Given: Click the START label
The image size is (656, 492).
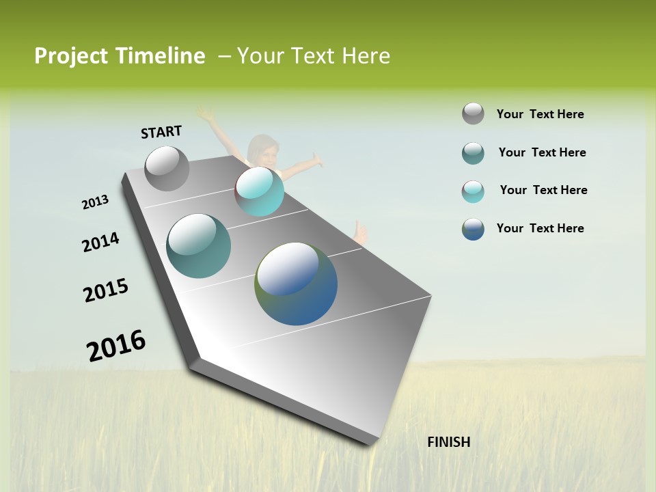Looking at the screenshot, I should click(161, 132).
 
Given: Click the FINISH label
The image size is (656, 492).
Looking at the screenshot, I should click(448, 442).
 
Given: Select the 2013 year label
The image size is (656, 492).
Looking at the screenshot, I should click(95, 202).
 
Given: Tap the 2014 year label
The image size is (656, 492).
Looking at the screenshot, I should click(100, 242).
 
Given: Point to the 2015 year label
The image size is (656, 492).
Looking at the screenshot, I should click(106, 290).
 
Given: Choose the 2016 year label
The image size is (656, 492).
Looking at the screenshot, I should click(116, 345).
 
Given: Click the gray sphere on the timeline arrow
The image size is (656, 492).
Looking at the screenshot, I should click(167, 169).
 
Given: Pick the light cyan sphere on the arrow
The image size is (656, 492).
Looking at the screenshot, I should click(260, 191).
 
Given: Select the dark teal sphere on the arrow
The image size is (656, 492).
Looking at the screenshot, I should click(199, 246).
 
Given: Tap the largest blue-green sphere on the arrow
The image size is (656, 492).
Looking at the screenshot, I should click(296, 284).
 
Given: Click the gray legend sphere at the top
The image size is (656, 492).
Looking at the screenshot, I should click(473, 114).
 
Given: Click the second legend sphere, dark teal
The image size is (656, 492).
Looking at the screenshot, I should click(473, 153).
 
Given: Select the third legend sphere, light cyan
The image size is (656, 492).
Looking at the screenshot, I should click(473, 191).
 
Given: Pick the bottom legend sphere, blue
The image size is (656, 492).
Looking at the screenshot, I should click(473, 229).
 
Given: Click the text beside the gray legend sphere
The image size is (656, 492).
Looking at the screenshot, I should click(540, 114).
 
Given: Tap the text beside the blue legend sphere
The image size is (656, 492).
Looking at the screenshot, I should click(540, 228).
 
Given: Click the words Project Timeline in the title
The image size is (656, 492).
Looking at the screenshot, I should click(120, 56).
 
